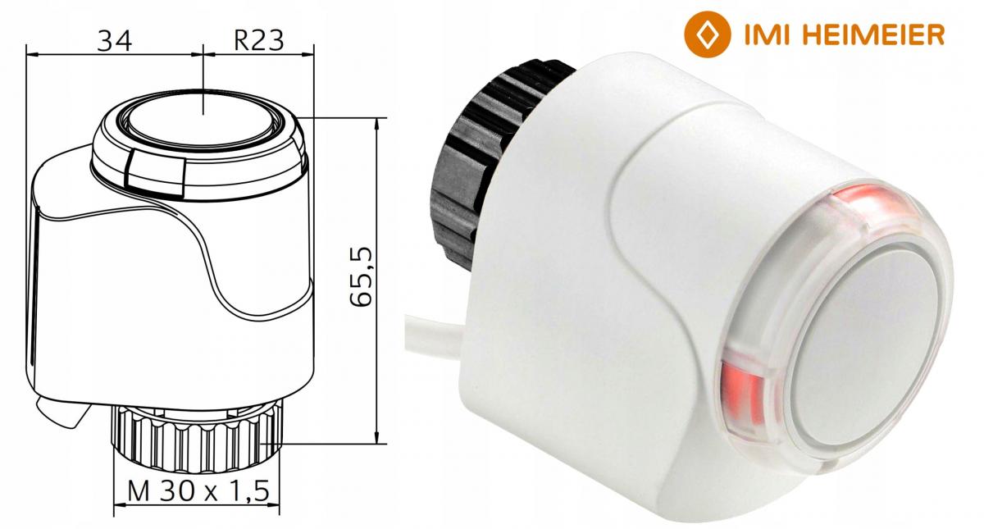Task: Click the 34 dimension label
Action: [114, 39]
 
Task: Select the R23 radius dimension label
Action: [258, 39]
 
